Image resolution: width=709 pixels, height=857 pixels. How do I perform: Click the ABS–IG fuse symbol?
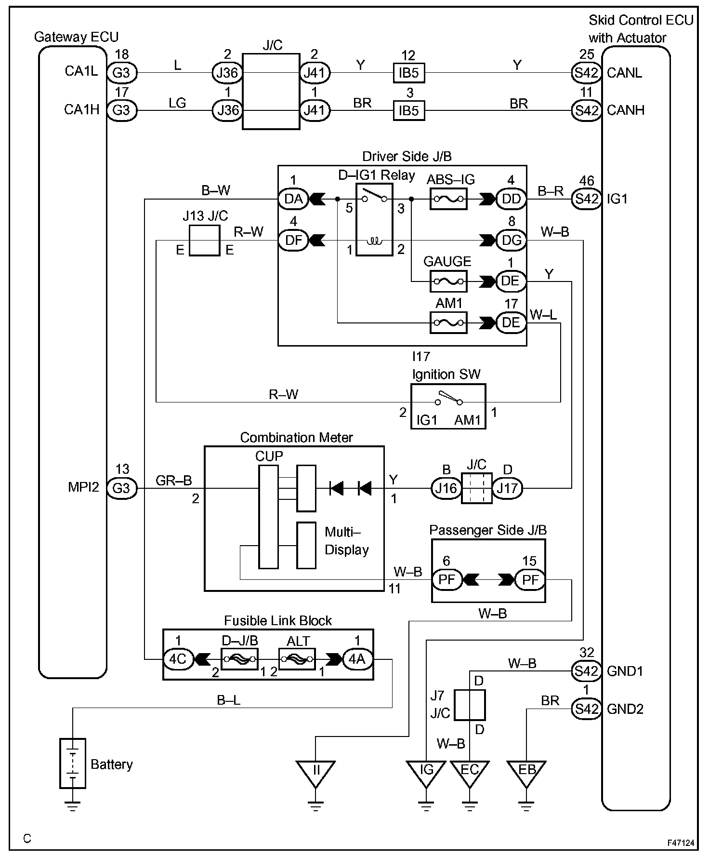(x=448, y=198)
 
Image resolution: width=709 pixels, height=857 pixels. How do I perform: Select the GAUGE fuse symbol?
(x=448, y=281)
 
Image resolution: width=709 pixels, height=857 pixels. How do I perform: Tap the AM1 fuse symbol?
(x=448, y=322)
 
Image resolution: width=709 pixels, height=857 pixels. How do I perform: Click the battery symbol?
(x=73, y=763)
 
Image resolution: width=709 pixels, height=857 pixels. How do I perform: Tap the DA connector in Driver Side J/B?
(x=293, y=198)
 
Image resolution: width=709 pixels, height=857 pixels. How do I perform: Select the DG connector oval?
(x=511, y=240)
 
